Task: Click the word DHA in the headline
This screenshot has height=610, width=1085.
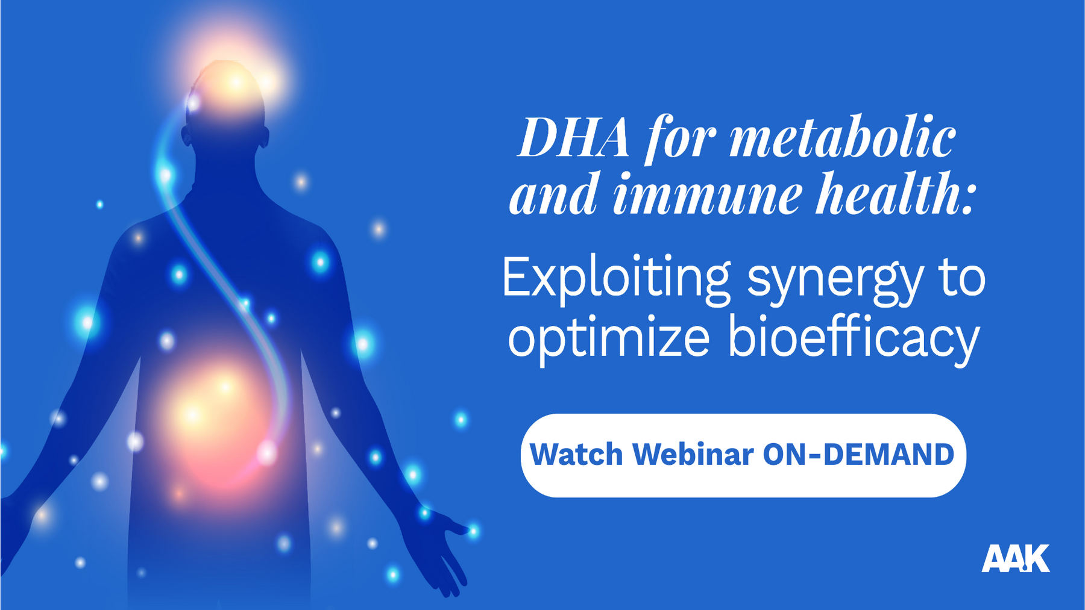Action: point(574,138)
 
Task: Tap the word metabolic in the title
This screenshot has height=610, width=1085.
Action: point(843,137)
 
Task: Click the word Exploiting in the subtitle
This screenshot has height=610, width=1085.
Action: point(616,278)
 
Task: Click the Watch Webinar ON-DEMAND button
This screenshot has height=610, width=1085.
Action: point(743,455)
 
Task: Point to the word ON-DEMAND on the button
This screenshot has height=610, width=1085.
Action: point(858,455)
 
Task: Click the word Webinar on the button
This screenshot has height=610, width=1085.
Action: point(693,455)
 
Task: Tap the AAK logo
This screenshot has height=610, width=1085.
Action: point(1016,558)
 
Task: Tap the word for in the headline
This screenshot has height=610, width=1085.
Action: point(679,139)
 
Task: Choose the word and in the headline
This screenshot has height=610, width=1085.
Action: point(554,194)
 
